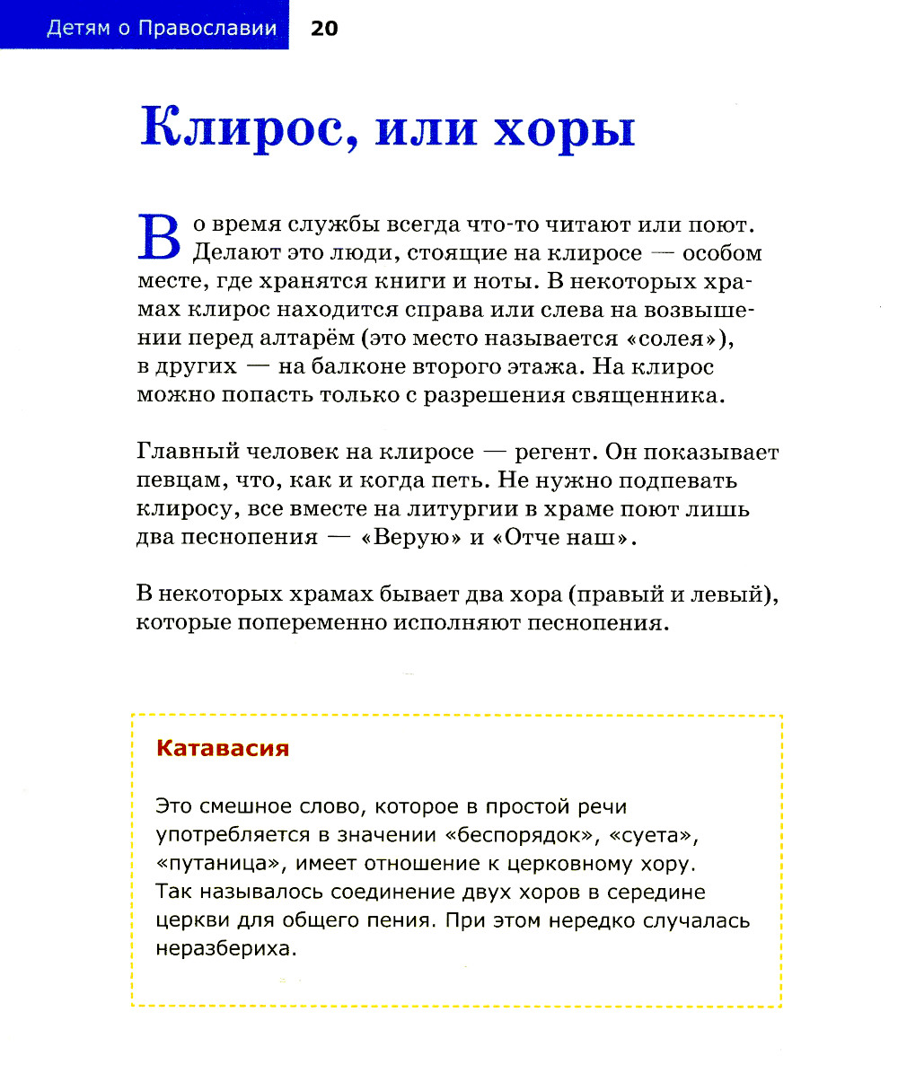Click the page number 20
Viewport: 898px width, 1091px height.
pyautogui.click(x=324, y=29)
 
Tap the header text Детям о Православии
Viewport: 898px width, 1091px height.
pyautogui.click(x=161, y=29)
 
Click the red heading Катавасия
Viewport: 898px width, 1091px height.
pyautogui.click(x=223, y=748)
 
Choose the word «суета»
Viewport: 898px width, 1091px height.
pyautogui.click(x=653, y=834)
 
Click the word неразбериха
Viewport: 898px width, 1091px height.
pyautogui.click(x=225, y=949)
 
